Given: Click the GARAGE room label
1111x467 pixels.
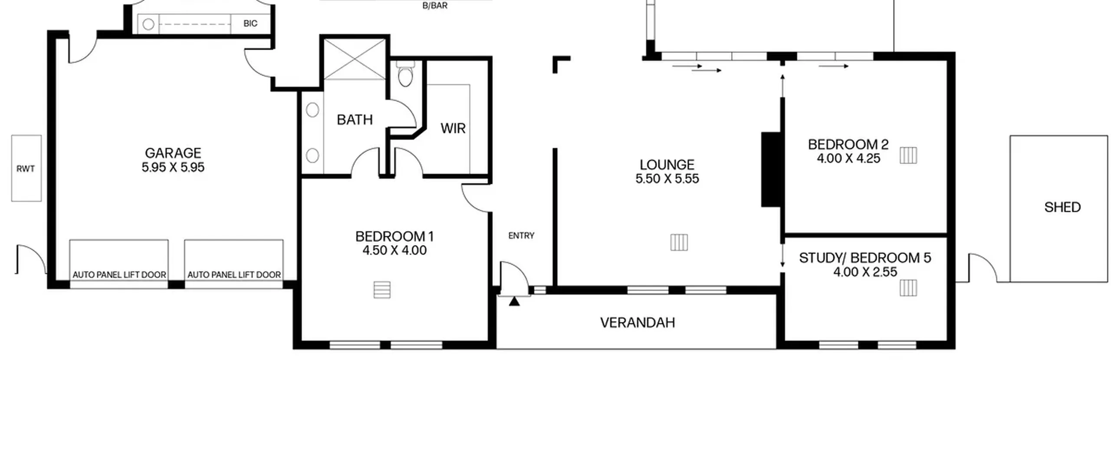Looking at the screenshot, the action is (173, 153).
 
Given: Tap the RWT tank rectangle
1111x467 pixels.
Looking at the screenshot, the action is (26, 168).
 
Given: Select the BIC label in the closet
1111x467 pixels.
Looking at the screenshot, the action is (250, 23).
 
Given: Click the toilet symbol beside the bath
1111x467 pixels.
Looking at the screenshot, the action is (405, 75).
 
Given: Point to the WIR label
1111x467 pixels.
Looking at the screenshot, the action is (453, 128).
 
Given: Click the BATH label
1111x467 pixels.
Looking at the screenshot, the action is (355, 119).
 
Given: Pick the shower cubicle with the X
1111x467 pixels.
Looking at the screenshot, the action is (355, 59).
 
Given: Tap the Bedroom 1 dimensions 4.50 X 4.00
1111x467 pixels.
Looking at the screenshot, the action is (394, 250).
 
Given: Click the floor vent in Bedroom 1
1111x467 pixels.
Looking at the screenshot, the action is (382, 290).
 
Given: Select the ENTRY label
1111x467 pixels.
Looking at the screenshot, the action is (521, 235).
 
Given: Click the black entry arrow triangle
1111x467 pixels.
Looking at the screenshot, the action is (514, 301).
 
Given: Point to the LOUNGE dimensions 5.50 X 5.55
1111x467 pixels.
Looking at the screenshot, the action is (667, 179).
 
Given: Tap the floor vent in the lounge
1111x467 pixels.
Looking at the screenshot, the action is (679, 242).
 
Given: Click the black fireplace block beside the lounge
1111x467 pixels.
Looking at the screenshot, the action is (771, 169).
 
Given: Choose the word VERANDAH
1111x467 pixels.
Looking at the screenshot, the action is (638, 322).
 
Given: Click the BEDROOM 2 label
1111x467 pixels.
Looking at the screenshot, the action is (848, 144).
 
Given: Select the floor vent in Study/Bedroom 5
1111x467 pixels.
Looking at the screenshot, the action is (908, 288).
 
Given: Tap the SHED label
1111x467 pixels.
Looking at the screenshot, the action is (1062, 207).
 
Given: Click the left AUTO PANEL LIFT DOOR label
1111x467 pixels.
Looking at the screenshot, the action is (119, 275).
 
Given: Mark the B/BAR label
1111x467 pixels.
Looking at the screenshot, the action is (435, 6).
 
